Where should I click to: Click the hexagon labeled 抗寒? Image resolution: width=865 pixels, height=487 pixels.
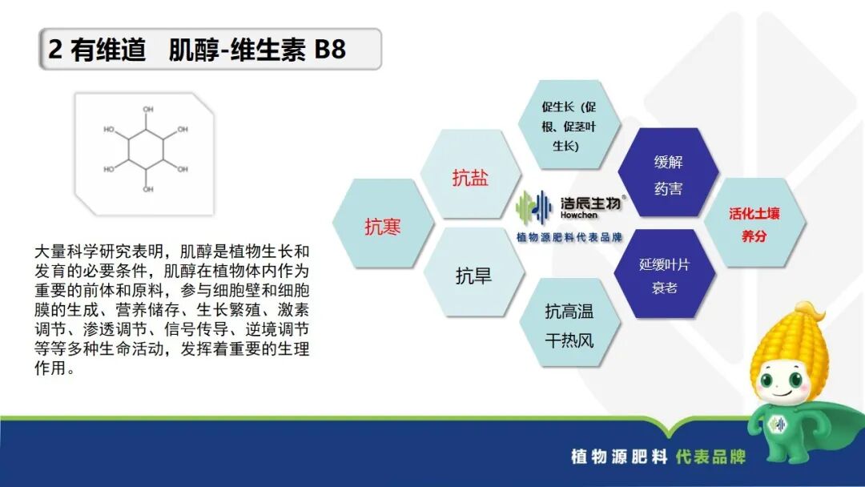coord(383,227)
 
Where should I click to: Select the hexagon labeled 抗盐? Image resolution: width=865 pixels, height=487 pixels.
coord(470,178)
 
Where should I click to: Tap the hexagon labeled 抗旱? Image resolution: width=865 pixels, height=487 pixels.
coord(473,276)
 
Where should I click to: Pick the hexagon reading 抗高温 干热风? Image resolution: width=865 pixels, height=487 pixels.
coord(569,325)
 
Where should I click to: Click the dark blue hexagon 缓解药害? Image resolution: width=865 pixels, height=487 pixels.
coord(668,175)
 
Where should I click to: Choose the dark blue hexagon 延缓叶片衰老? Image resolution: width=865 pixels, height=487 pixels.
coord(664,275)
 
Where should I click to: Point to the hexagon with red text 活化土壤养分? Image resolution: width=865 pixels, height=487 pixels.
coord(754,225)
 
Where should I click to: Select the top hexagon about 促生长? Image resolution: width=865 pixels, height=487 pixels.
coord(569,127)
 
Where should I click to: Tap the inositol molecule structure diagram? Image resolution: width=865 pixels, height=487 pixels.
coord(145,149)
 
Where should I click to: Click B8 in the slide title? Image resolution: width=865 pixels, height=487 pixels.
coord(329,50)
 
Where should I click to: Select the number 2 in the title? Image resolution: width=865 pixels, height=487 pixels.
coord(55,50)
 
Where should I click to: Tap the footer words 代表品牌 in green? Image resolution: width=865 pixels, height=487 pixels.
coord(710,457)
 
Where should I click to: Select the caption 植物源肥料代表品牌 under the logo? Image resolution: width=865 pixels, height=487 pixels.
coord(569,237)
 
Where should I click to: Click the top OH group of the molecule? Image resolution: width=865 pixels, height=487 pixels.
coord(147,110)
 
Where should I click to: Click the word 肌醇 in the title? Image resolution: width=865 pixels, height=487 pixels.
coord(192,50)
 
